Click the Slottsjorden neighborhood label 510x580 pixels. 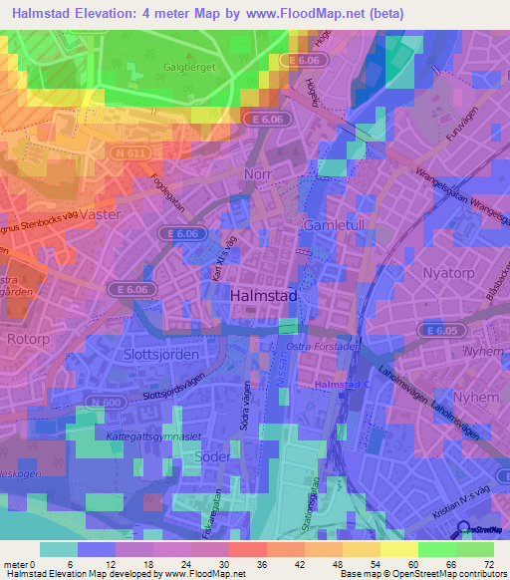(163, 354)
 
